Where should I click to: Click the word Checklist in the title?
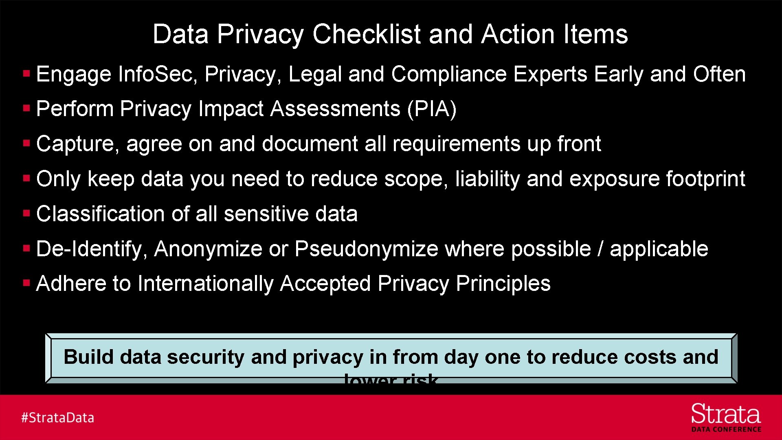pos(366,34)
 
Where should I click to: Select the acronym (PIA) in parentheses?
pos(432,109)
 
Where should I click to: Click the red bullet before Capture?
pos(27,143)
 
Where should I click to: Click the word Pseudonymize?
pos(366,249)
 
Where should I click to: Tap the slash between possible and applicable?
pos(600,249)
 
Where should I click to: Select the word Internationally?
pos(205,284)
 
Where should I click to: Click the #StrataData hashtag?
pos(57,418)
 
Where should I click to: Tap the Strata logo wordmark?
pos(726,414)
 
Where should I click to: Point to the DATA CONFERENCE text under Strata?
pos(726,429)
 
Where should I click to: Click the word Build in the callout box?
pos(88,357)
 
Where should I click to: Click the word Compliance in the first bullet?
pos(449,75)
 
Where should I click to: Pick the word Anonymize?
pos(208,249)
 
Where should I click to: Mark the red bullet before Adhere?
pos(27,283)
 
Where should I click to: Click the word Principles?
pos(503,284)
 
